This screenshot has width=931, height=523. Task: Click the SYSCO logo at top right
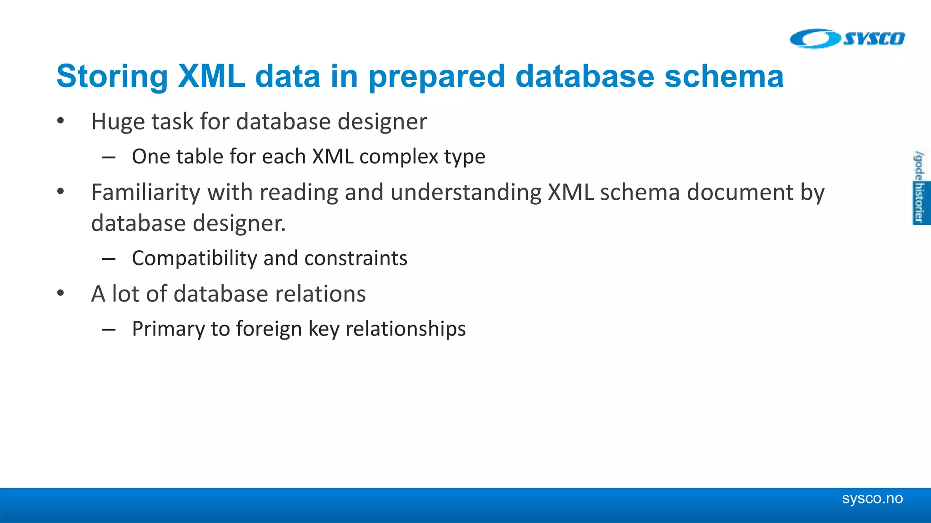(x=847, y=39)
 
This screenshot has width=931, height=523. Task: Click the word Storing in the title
(x=112, y=76)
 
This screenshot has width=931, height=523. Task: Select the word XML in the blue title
(x=211, y=76)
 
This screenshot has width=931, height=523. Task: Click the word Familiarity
(x=146, y=192)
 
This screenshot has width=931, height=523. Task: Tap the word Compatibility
(x=195, y=258)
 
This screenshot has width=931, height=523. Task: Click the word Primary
(x=168, y=329)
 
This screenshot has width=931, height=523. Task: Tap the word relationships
(x=405, y=329)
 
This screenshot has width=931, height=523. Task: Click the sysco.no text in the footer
(x=872, y=498)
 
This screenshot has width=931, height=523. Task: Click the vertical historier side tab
(x=920, y=202)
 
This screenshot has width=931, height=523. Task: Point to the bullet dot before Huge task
(x=60, y=121)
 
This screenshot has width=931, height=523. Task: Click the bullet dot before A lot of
(x=60, y=293)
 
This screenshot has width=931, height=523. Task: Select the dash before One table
(x=109, y=158)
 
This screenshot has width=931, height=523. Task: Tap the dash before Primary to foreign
(x=109, y=330)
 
